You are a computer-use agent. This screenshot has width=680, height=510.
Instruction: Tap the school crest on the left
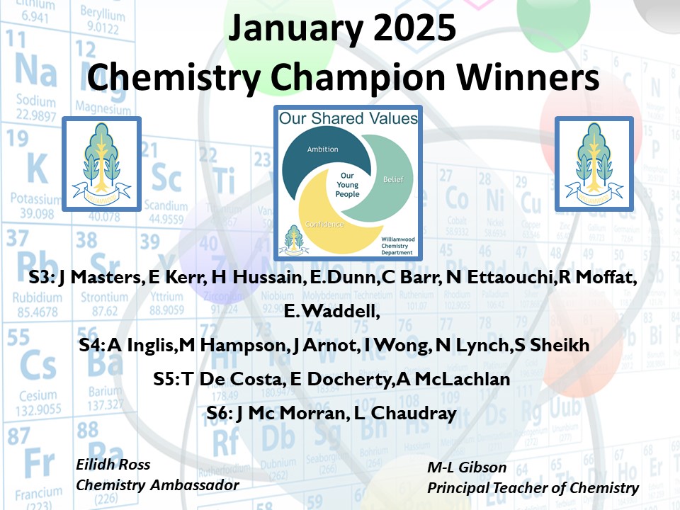pos(102,164)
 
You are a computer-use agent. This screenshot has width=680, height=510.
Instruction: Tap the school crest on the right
pos(594,164)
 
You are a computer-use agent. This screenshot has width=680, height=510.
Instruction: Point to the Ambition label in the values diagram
pos(322,149)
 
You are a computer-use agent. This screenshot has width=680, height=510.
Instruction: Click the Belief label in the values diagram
pos(393,179)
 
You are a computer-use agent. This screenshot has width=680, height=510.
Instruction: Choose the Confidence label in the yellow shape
pos(325,225)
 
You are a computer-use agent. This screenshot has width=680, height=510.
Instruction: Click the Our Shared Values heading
pos(348,118)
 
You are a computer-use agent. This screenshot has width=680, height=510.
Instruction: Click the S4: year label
pos(92,346)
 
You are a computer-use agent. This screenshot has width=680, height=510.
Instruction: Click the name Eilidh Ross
pos(113,465)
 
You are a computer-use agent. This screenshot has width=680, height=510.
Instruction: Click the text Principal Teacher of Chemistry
pos(533,488)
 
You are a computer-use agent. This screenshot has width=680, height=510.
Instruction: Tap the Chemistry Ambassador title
pos(157,485)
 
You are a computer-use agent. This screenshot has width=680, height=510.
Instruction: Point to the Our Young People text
pos(347,185)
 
